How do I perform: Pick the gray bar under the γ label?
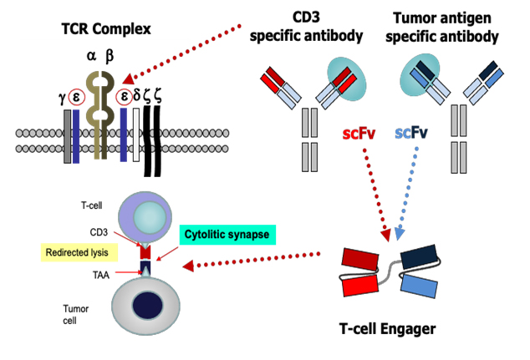coord(67,134)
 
